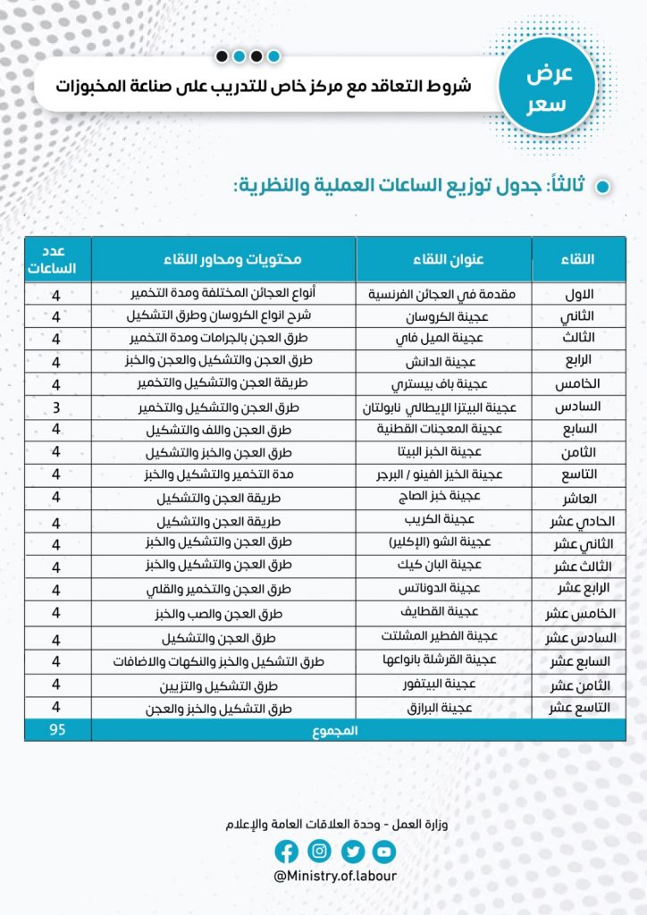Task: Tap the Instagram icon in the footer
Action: pyautogui.click(x=320, y=852)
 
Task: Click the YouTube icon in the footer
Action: pyautogui.click(x=384, y=852)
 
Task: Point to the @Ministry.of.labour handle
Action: pyautogui.click(x=335, y=877)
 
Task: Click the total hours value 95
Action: pyautogui.click(x=57, y=730)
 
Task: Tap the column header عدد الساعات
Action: pyautogui.click(x=57, y=258)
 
